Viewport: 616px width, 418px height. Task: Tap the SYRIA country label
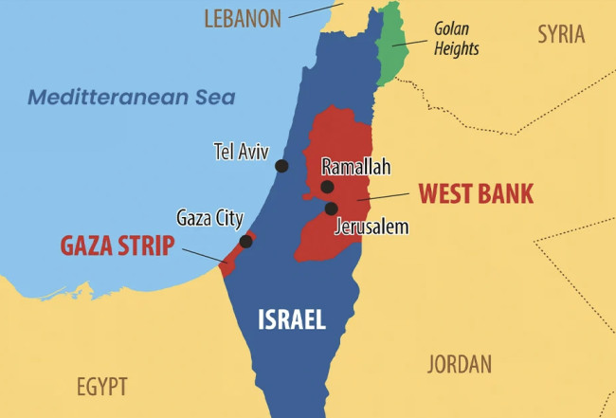pos(561,35)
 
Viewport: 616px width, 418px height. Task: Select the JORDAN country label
pos(458,364)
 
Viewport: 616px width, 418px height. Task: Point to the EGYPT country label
pos(101,386)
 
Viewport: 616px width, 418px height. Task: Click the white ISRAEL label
pos(292,319)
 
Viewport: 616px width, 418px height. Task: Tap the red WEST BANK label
pos(476,193)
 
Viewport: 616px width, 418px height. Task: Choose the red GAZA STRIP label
pos(118,245)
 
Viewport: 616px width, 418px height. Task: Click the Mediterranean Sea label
pos(131,97)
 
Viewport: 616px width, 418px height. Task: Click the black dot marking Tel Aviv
pos(281,166)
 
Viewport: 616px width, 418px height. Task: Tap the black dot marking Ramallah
pos(327,187)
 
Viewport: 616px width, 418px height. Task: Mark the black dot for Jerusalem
pos(331,209)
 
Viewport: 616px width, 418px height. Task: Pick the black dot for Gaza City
pos(245,241)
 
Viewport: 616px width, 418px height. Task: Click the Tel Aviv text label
pos(242,151)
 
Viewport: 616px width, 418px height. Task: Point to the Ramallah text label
pos(356,166)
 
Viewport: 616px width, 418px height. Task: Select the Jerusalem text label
pos(371,227)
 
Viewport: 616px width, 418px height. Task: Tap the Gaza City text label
pos(209,218)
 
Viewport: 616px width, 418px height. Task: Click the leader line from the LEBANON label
pos(316,9)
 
